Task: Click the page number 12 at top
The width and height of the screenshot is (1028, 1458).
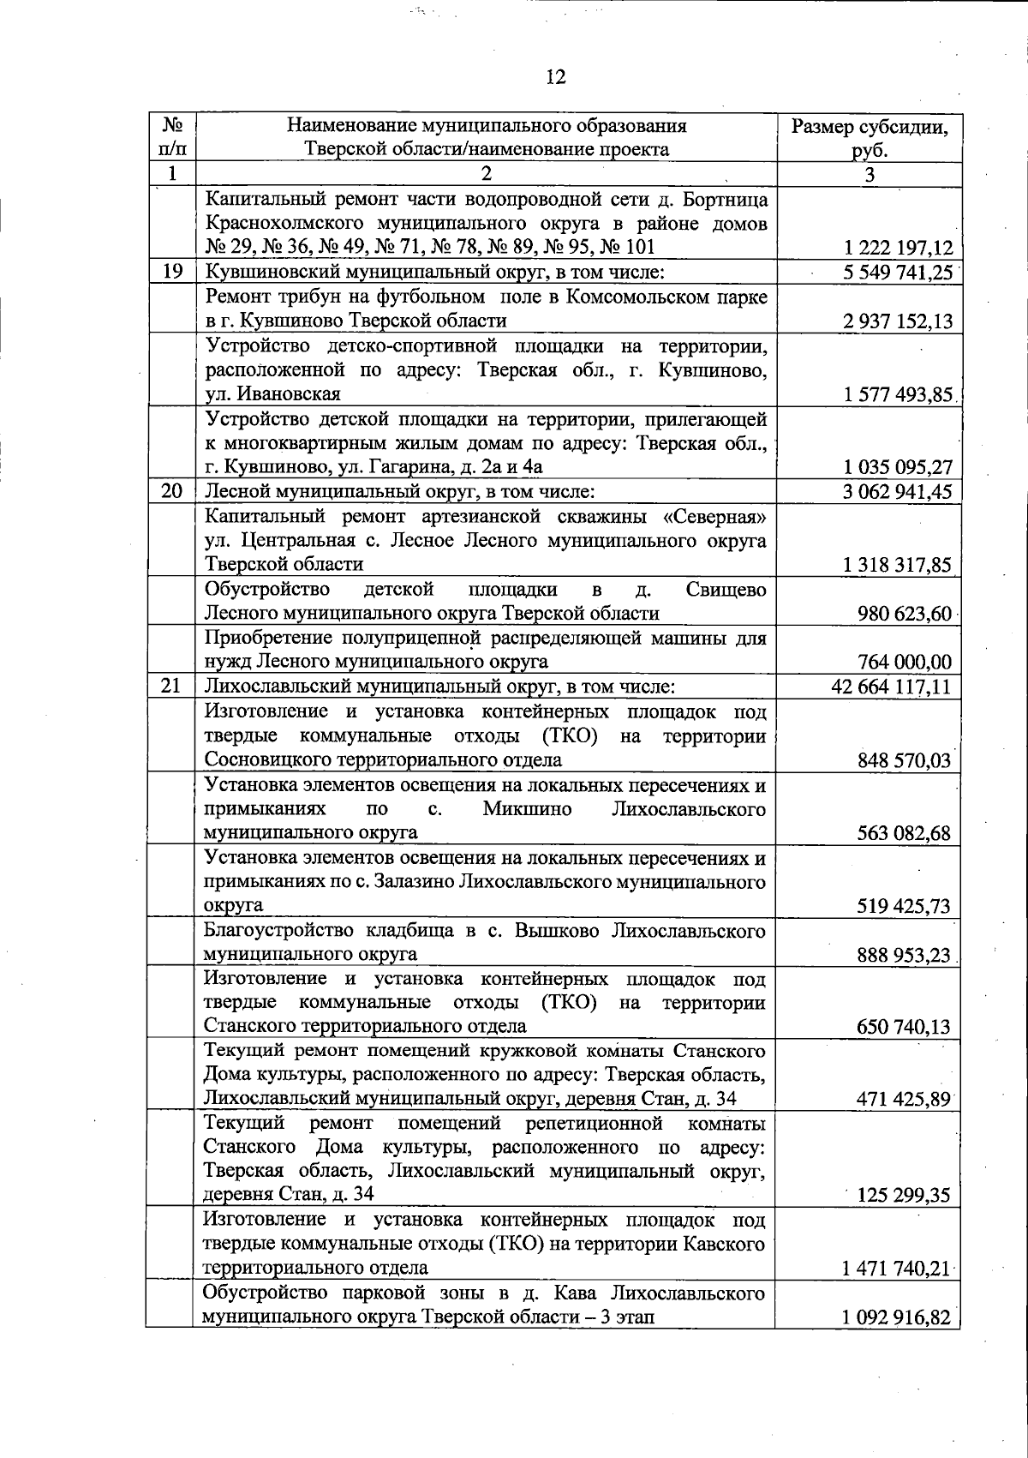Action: coord(555,78)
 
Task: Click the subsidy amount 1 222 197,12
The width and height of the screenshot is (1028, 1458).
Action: coord(898,249)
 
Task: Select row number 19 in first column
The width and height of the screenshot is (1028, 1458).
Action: coord(172,272)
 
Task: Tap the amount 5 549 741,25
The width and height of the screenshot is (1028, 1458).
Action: coord(898,273)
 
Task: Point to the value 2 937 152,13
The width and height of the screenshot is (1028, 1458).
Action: coord(898,321)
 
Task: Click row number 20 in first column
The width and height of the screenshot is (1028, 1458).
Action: coord(172,491)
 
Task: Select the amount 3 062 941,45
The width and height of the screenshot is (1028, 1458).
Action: coord(898,492)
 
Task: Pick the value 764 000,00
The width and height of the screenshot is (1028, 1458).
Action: coord(905,662)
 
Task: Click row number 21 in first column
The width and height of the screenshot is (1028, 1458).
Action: coord(172,687)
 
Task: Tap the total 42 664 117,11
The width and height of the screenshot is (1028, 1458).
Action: coord(892,687)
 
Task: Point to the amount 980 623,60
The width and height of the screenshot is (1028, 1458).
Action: coord(905,614)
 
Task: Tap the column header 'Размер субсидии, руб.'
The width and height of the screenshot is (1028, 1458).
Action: coord(870,138)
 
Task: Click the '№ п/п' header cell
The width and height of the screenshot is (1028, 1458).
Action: coord(172,138)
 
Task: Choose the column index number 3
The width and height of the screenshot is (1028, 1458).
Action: coord(870,175)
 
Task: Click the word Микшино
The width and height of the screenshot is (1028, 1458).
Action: coord(528,809)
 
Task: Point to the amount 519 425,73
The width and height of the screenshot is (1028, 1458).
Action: coord(905,906)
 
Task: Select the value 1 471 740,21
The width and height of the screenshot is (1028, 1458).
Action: coord(898,1269)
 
